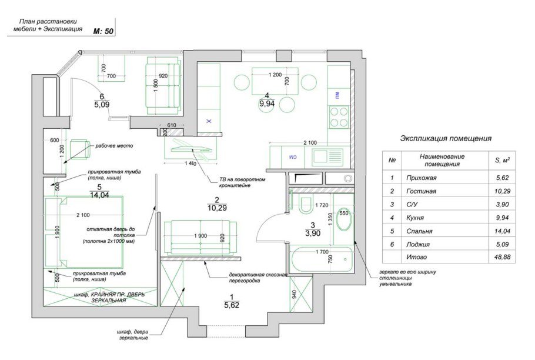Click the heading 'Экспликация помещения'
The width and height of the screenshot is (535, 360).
446,139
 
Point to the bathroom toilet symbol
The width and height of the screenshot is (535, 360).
305,206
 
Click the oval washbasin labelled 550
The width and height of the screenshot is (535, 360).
344,222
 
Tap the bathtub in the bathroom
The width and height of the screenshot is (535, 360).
320,259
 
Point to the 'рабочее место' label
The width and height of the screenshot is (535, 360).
113,146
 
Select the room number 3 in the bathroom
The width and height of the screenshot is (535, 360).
313,225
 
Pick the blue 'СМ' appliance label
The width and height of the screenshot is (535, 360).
292,158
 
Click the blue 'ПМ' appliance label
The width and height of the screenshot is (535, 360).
337,95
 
